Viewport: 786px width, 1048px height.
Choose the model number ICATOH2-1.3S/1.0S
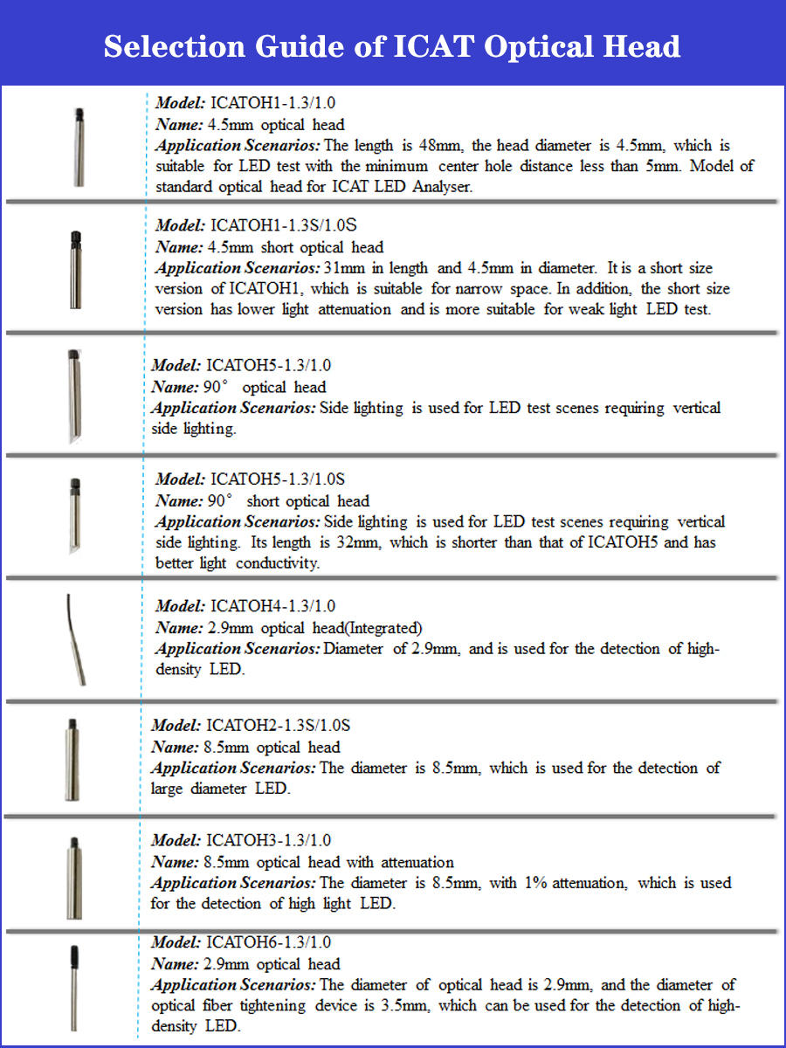[x=279, y=726]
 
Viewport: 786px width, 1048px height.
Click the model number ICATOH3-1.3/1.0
[x=268, y=841]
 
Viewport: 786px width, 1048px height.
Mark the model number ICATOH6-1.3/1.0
[x=268, y=942]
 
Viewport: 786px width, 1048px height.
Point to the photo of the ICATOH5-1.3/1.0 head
[x=73, y=397]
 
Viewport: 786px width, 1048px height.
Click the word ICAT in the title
[x=431, y=45]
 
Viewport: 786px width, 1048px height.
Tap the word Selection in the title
[x=175, y=45]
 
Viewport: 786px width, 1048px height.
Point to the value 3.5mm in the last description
[x=404, y=1006]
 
